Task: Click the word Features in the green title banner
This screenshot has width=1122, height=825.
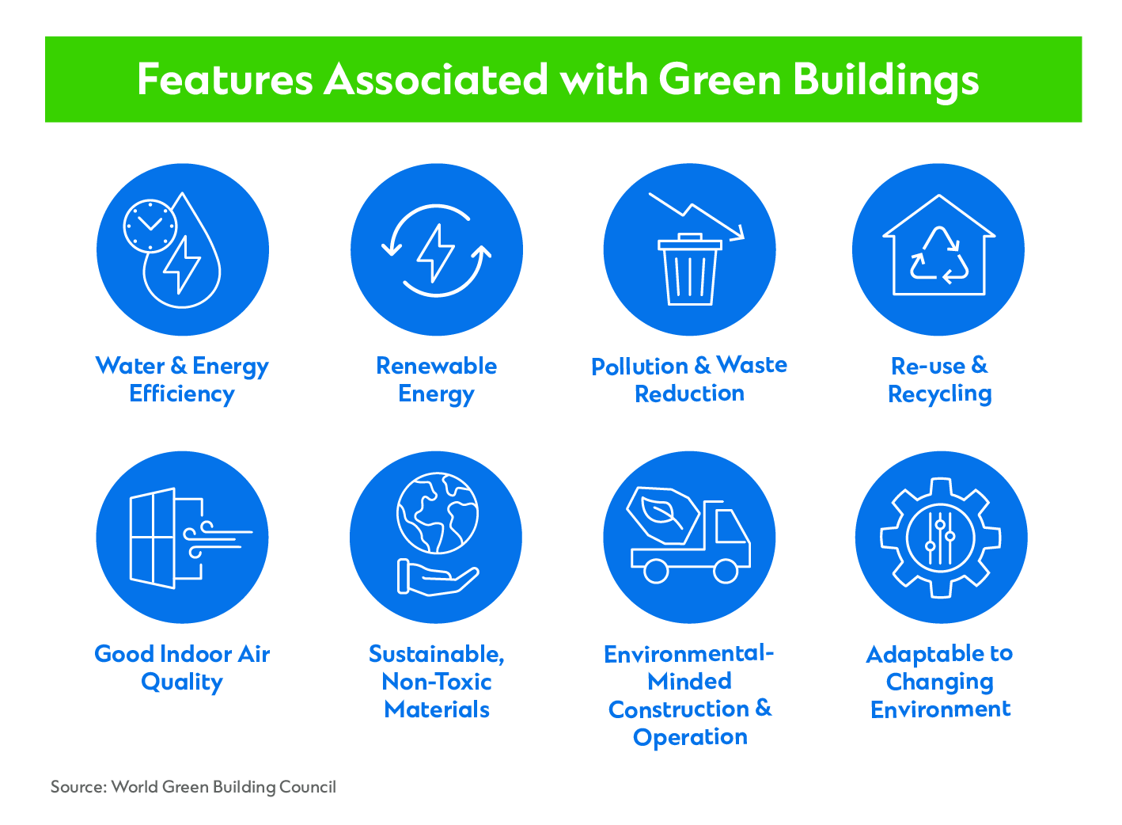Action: (x=225, y=79)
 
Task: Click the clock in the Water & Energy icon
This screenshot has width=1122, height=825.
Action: (x=150, y=226)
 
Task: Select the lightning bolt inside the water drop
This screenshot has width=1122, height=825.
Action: (x=182, y=264)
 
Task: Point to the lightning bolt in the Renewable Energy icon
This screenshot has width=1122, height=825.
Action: (x=436, y=253)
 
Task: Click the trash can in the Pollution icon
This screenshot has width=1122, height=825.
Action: (x=690, y=269)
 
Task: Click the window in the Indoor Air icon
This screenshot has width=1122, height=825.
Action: (x=152, y=538)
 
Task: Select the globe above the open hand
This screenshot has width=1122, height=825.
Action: (x=438, y=513)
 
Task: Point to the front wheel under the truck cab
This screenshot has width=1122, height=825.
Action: (x=726, y=571)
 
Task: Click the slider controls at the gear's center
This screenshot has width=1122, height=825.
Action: (x=941, y=538)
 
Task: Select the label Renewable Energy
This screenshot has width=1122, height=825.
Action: (x=436, y=380)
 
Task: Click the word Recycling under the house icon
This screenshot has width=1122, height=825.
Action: (x=940, y=394)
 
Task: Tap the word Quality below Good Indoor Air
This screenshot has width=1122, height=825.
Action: (x=182, y=682)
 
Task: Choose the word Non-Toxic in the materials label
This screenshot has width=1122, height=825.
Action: (x=437, y=682)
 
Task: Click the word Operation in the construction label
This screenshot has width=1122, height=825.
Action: (x=690, y=738)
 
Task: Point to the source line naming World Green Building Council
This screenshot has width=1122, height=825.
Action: (x=193, y=787)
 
